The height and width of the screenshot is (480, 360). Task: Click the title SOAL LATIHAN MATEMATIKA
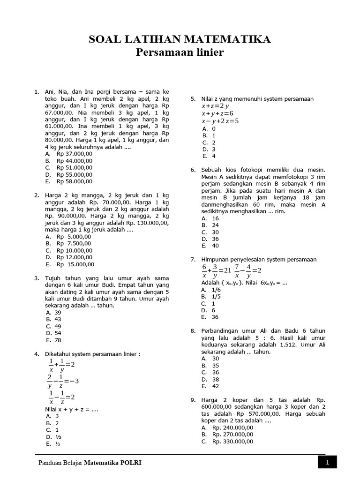(180, 40)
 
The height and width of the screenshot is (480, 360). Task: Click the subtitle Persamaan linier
(180, 53)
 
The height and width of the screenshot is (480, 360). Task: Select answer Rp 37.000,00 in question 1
(74, 154)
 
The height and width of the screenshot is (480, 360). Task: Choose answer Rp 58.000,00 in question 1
(74, 181)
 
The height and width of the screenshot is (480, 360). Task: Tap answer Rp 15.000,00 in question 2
(75, 264)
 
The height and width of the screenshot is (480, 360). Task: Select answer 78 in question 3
(58, 340)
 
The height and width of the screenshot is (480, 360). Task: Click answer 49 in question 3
(58, 326)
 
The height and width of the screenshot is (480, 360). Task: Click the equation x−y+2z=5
(220, 121)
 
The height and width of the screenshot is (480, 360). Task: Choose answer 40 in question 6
(215, 246)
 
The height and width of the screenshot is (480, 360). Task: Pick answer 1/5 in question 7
(217, 297)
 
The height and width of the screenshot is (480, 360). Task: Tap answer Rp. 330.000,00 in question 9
(232, 442)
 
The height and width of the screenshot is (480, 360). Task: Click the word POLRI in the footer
(132, 463)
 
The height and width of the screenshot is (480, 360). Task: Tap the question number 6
(193, 170)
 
